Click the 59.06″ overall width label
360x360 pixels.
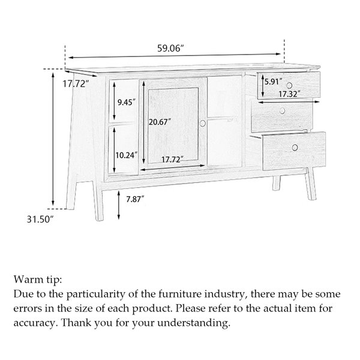coord(170,49)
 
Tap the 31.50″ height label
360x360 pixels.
coord(40,219)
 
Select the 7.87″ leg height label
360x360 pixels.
coord(135,199)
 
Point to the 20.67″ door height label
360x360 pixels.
coord(160,122)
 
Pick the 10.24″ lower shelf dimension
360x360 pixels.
coord(127,155)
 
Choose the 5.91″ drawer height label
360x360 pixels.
coord(274,82)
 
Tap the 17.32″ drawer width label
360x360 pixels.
coord(290,94)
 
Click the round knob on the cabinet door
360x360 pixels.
coord(203,123)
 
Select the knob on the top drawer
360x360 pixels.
coord(289,85)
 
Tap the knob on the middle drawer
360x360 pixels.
coord(282,111)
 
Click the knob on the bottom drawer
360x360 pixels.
coord(295,148)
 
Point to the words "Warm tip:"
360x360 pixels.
coord(38,280)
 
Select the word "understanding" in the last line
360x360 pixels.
coord(194,323)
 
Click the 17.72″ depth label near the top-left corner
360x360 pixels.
coord(76,84)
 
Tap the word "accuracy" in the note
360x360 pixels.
coord(34,323)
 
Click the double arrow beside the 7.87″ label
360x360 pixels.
coord(119,205)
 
